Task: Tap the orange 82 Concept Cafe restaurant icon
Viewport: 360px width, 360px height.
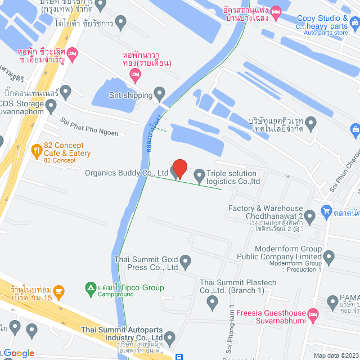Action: click(36, 150)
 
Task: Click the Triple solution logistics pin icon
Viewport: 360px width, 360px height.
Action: click(199, 176)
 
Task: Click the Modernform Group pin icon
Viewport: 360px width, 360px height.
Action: click(330, 258)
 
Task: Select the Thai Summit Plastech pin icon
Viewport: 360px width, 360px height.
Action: click(212, 303)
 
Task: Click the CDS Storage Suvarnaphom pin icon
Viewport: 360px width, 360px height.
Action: click(51, 105)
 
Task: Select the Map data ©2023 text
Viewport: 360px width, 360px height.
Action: click(335, 355)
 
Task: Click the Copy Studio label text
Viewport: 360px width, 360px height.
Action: click(322, 19)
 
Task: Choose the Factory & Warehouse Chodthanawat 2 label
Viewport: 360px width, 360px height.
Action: click(273, 212)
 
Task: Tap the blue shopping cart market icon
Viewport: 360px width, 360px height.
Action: click(326, 211)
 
